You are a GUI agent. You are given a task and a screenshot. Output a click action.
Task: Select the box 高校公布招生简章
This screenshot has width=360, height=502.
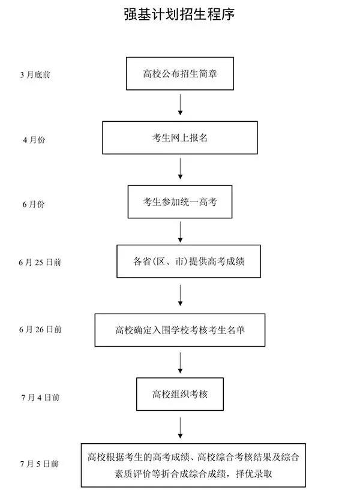179,73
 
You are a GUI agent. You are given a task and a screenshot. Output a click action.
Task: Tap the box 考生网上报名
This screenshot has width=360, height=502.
179,138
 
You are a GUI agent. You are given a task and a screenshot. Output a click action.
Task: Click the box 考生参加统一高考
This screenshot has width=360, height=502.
179,202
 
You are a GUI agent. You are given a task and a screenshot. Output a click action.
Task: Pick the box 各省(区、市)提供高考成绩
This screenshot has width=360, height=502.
188,261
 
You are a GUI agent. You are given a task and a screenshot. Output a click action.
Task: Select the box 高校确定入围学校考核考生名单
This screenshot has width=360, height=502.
179,330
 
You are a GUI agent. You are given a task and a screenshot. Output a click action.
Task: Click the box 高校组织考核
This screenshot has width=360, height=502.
179,394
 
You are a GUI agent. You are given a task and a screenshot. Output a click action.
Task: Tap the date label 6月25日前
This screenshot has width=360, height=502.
40,262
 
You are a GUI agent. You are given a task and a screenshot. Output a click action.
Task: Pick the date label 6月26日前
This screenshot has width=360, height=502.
40,329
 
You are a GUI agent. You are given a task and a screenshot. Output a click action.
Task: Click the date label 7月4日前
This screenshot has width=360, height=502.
40,396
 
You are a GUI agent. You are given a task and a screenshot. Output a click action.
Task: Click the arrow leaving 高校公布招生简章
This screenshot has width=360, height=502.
180,104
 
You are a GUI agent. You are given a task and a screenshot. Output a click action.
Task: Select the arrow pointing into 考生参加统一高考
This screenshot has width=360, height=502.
180,169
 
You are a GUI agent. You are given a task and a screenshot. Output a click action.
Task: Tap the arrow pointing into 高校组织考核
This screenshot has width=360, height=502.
180,362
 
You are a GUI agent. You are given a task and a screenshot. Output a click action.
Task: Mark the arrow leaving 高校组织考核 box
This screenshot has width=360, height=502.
180,427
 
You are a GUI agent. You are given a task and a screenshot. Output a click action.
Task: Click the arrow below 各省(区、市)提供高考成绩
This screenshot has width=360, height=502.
180,294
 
